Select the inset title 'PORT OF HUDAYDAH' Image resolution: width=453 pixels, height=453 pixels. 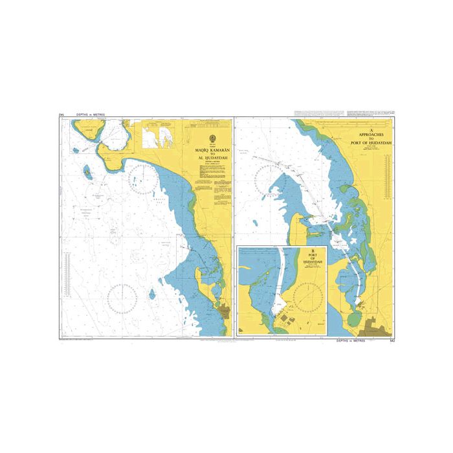point(313,256)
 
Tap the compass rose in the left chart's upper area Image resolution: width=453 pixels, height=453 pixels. point(140,178)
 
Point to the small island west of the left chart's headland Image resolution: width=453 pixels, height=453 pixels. point(86,173)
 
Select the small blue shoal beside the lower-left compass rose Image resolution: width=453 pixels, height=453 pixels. point(151,294)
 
